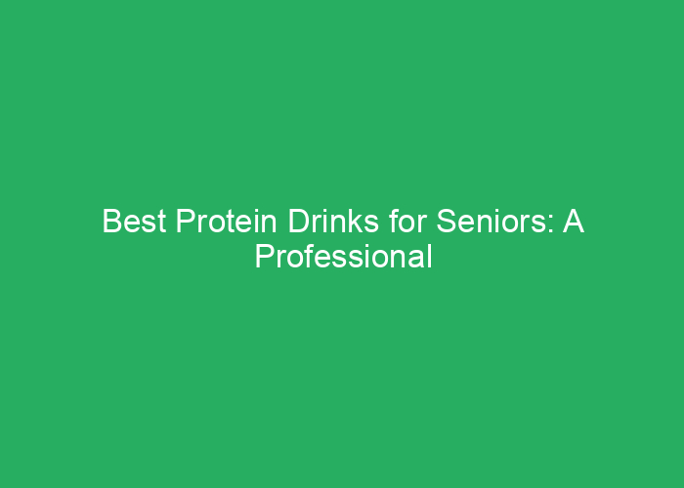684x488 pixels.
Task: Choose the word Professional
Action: point(343,257)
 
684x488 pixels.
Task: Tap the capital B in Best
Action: point(110,224)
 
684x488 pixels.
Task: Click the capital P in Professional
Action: point(263,257)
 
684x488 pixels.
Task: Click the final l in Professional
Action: point(428,257)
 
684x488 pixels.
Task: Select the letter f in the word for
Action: point(379,224)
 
